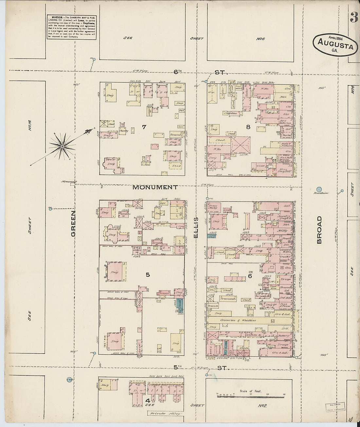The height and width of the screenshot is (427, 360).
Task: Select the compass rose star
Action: pos(61,147)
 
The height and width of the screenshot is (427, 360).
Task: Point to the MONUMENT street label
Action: pos(155,187)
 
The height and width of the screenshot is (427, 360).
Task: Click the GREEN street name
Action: pos(73,223)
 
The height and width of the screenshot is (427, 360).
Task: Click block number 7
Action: pos(144,127)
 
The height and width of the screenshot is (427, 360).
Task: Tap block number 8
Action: pos(248,127)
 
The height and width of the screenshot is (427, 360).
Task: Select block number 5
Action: pos(148,275)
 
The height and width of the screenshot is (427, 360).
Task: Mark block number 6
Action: pos(250,276)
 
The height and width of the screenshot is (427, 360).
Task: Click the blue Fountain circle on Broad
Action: pos(319,189)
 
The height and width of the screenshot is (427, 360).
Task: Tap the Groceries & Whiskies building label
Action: pos(238,321)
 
